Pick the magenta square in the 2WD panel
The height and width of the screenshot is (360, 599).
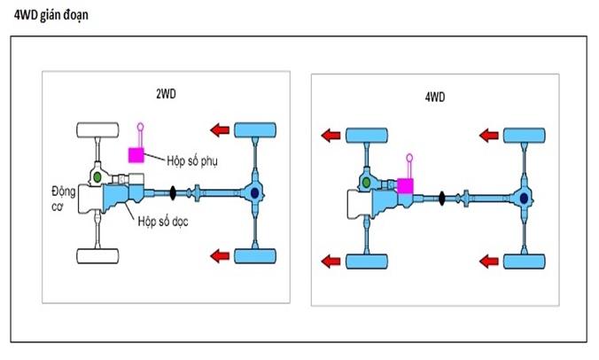pyautogui.click(x=136, y=155)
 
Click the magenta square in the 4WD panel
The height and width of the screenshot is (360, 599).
pyautogui.click(x=407, y=186)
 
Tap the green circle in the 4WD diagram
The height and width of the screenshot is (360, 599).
pyautogui.click(x=365, y=183)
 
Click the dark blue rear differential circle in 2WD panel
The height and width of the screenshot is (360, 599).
pyautogui.click(x=255, y=192)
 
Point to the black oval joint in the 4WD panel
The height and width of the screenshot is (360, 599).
pyautogui.click(x=441, y=197)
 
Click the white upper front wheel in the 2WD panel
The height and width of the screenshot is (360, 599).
pyautogui.click(x=98, y=129)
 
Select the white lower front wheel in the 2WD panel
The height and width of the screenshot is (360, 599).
pyautogui.click(x=98, y=256)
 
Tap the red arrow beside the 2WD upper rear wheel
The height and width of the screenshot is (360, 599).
pyautogui.click(x=218, y=129)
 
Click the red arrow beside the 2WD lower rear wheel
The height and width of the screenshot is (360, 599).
pyautogui.click(x=218, y=256)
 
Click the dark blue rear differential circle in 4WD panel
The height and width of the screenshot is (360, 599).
pyautogui.click(x=525, y=198)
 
